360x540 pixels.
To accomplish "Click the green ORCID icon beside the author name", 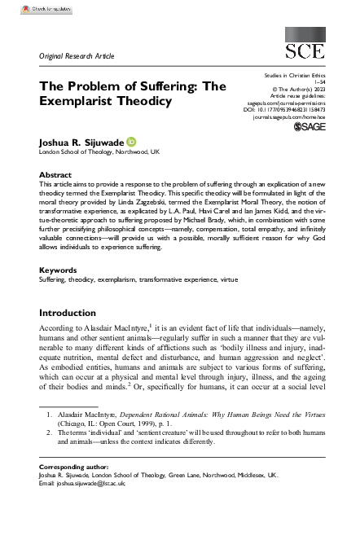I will coord(131,140).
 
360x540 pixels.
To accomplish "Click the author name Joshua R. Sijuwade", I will coord(80,141).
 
